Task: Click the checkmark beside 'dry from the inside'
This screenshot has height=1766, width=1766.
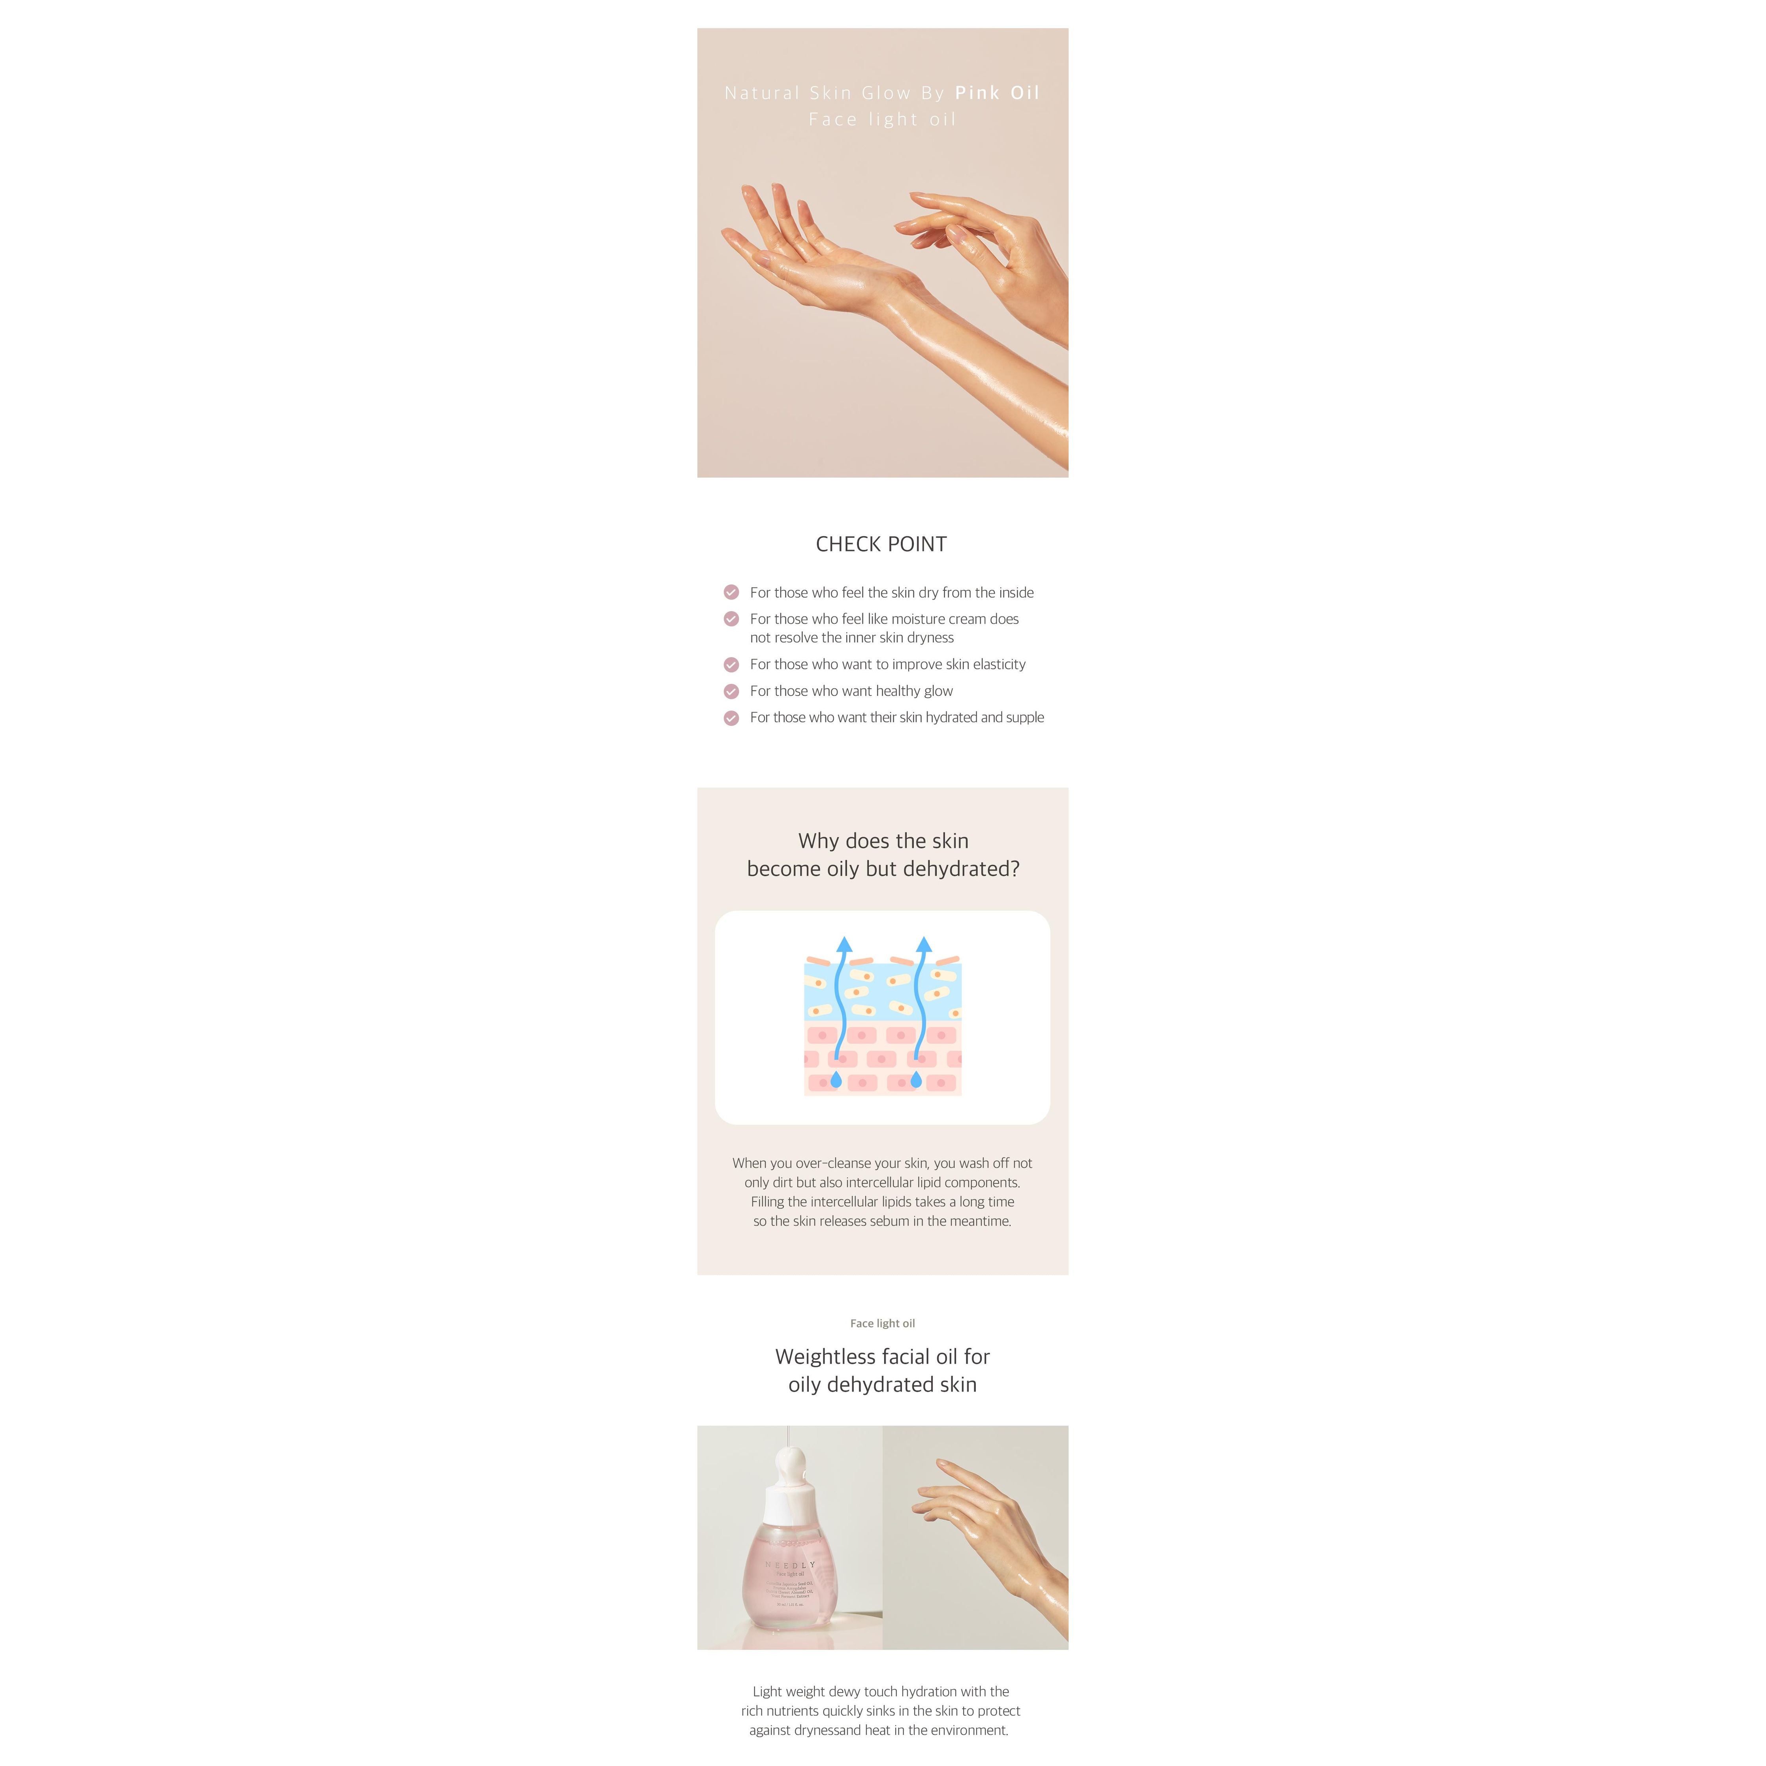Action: coord(731,592)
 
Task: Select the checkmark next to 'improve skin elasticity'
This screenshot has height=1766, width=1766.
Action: coord(731,665)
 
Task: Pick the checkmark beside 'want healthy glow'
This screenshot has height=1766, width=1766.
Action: coord(731,691)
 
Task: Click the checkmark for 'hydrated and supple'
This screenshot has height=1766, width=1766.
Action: coord(731,718)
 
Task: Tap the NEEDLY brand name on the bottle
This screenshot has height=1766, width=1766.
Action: coord(791,1565)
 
